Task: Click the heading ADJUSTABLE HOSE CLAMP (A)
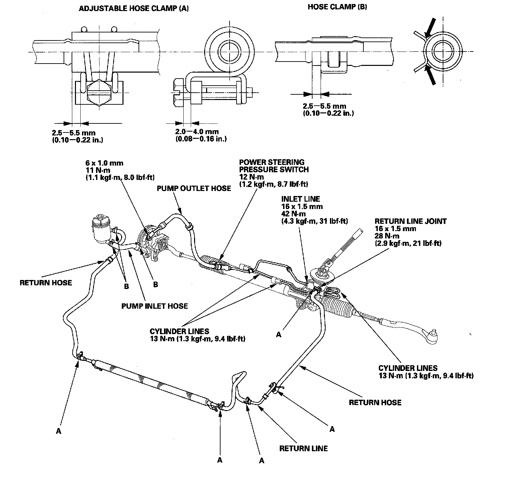[134, 9]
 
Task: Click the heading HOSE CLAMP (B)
[337, 7]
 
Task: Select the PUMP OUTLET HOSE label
[194, 188]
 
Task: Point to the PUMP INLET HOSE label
[154, 306]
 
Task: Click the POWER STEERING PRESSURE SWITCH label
[274, 166]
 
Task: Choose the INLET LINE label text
[301, 199]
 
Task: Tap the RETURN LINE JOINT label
[410, 221]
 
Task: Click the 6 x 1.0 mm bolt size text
[104, 163]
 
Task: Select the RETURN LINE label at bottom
[304, 448]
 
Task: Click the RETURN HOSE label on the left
[46, 283]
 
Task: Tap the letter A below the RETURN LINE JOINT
[279, 334]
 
